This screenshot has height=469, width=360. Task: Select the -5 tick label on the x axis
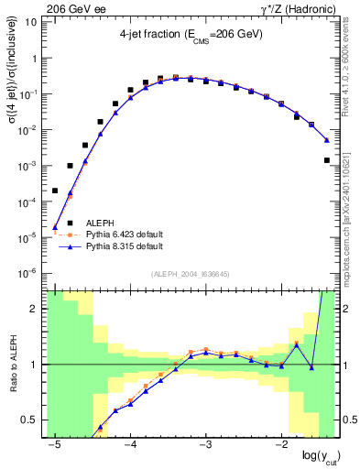55,442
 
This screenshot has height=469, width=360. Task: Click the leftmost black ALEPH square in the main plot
55,191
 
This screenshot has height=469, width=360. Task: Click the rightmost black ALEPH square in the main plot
327,160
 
